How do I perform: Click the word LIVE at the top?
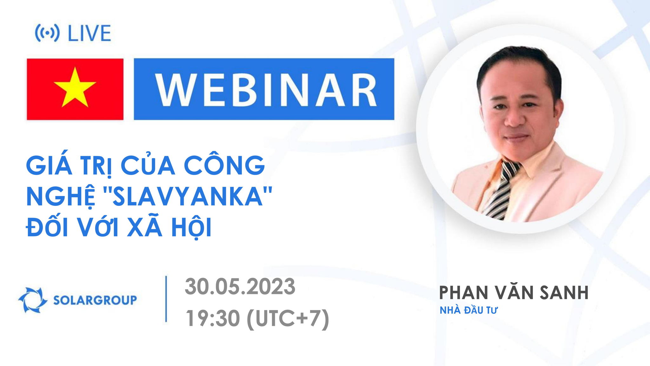click(x=90, y=33)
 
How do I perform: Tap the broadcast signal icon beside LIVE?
click(x=47, y=33)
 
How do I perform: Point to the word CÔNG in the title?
click(x=224, y=165)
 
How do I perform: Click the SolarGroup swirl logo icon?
click(x=32, y=300)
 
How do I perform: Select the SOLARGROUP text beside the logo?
click(x=95, y=300)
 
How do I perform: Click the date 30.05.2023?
click(x=240, y=287)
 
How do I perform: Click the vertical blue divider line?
click(x=166, y=299)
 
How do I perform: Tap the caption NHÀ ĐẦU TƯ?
click(x=468, y=310)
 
